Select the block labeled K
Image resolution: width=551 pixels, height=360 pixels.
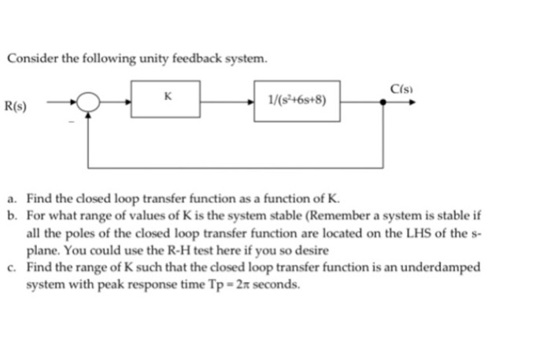pyautogui.click(x=165, y=100)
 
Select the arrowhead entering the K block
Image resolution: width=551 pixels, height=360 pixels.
pyautogui.click(x=128, y=101)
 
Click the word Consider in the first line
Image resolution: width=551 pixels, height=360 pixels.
pyautogui.click(x=30, y=60)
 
